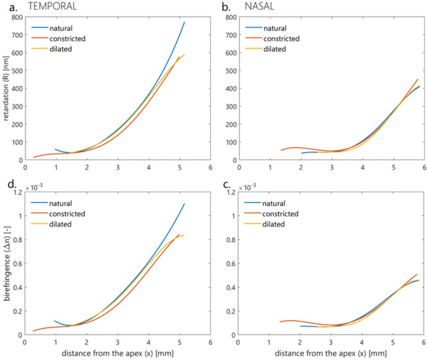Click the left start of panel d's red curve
pyautogui.click(x=34, y=331)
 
